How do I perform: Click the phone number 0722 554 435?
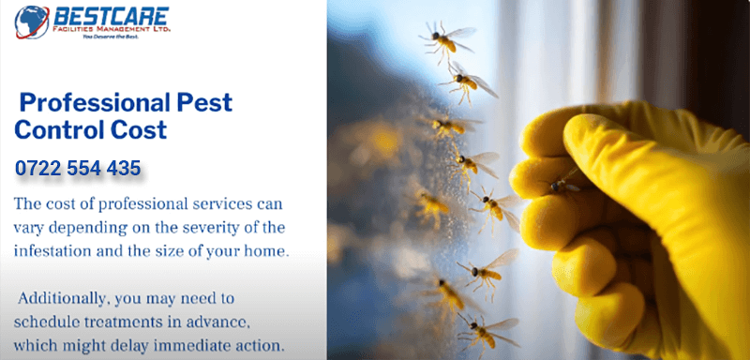click(78, 169)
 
